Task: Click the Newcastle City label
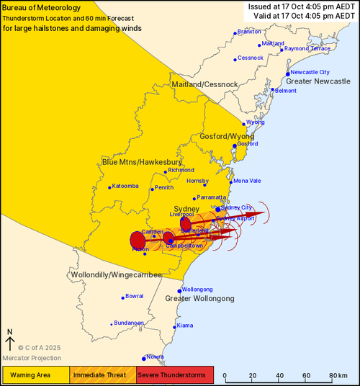310,73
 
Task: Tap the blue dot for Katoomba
110,188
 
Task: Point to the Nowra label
156,356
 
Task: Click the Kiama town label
185,326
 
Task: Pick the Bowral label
135,296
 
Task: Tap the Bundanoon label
130,323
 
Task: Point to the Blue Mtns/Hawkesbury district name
141,161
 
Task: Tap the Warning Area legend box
35,375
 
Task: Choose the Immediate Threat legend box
102,375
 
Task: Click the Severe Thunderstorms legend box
175,375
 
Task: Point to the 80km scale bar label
336,376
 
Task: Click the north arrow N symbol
10,332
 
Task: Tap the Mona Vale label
247,180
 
